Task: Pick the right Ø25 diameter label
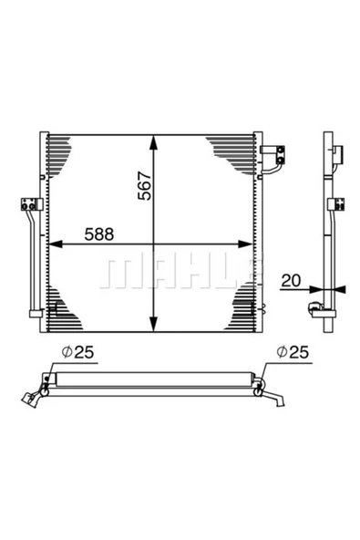pos(296,349)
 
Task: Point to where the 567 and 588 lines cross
pos(154,244)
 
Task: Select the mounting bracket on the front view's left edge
pos(30,205)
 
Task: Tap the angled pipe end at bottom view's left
pos(34,393)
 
